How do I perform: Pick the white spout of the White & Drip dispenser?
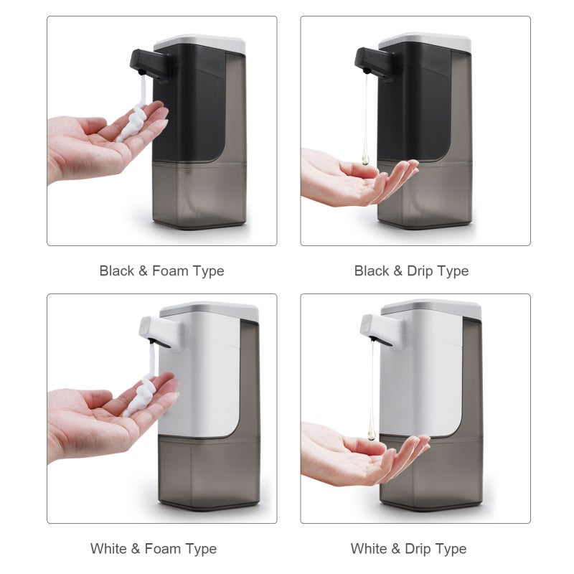click(382, 328)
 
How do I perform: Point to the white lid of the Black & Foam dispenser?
click(199, 43)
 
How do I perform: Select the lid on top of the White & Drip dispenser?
click(432, 309)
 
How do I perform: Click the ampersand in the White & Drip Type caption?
click(395, 549)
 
